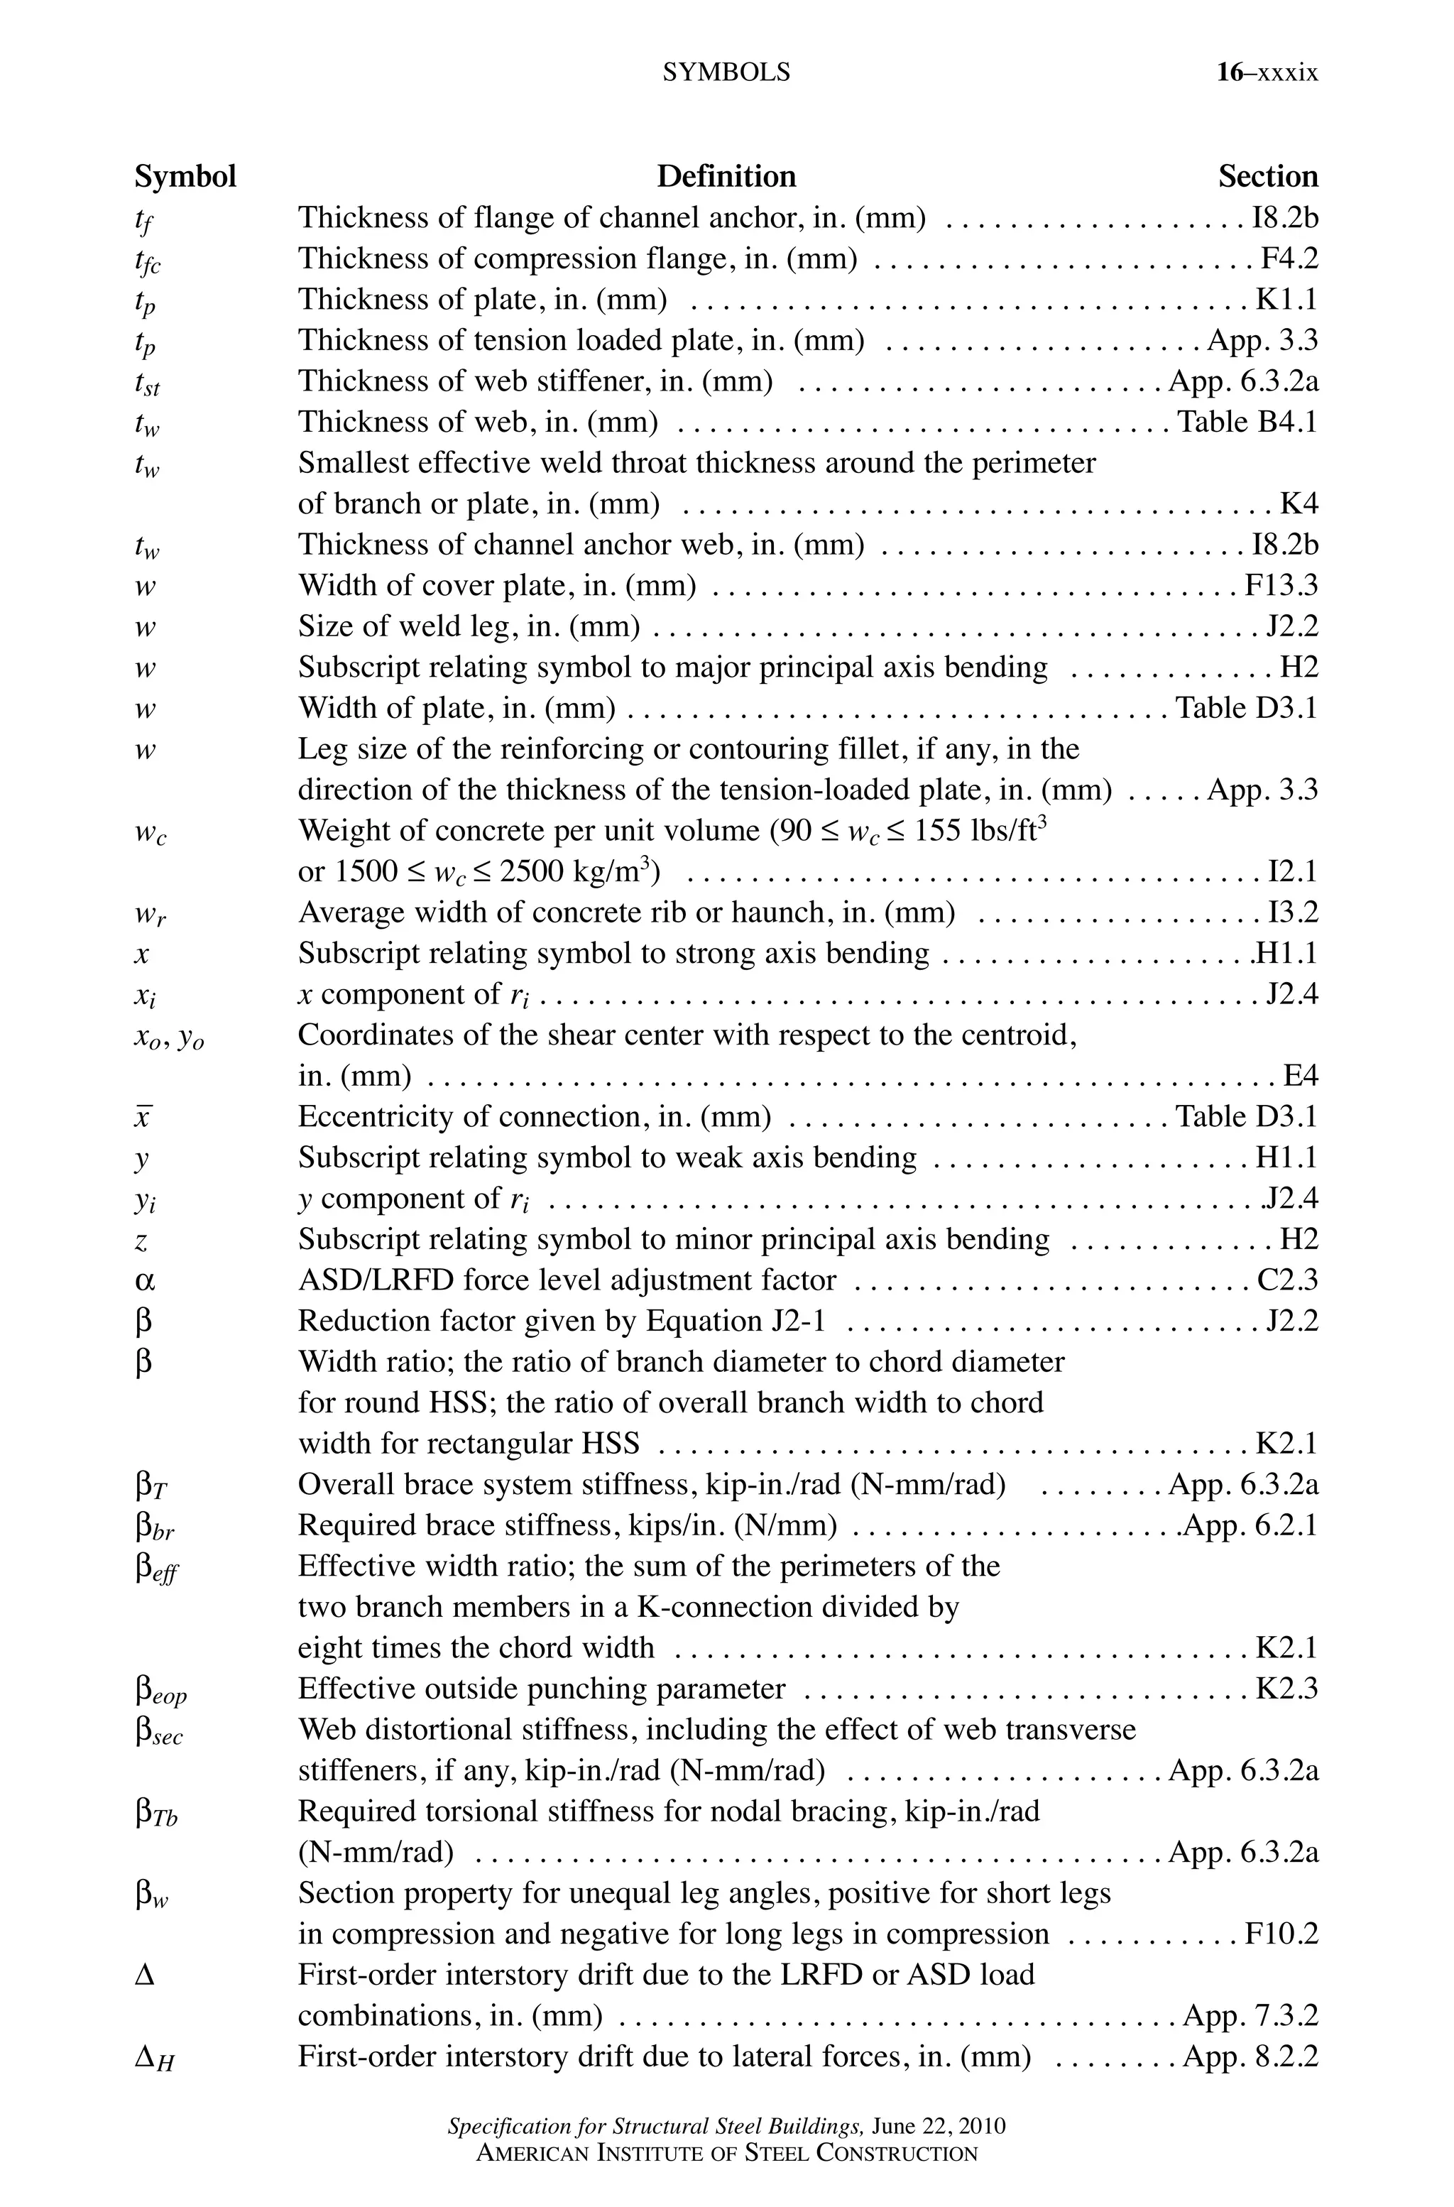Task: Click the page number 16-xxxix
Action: (1267, 72)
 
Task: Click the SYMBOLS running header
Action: (726, 72)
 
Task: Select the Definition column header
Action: (726, 176)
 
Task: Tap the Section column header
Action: (1267, 176)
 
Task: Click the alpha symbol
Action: (145, 1280)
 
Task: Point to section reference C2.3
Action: (1287, 1280)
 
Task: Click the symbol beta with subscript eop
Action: (160, 1691)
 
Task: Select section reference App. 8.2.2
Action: (1250, 2056)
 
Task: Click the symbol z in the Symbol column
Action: (141, 1241)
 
